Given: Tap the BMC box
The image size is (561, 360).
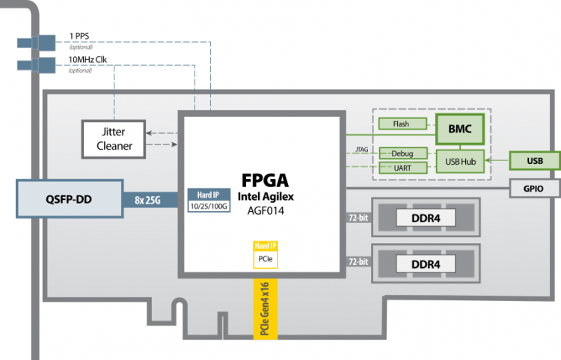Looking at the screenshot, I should coord(460,129).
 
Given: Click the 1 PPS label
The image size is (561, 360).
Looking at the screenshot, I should coord(81,36).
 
